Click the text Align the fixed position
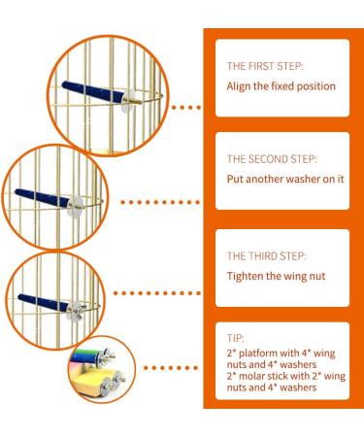(x=281, y=86)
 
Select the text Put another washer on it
(x=286, y=179)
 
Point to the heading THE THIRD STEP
(x=267, y=256)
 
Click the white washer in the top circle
(x=127, y=96)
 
